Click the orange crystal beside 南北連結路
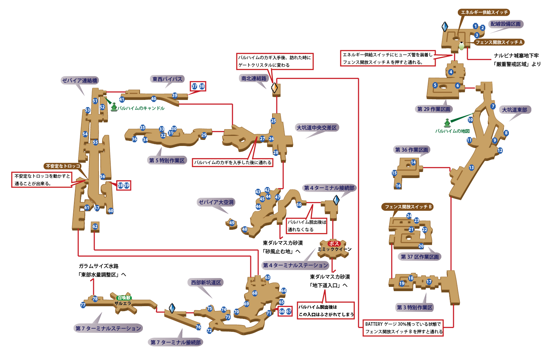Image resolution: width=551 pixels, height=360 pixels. click(x=274, y=87)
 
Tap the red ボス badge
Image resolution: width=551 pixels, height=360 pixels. click(x=334, y=244)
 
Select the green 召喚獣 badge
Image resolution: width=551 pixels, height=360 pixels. click(x=124, y=298)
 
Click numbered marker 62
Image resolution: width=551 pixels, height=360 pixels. click(x=95, y=227)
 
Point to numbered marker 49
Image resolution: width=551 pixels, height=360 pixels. click(x=232, y=223)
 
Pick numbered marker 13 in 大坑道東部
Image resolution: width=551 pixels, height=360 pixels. click(x=471, y=168)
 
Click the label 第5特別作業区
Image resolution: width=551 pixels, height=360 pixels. click(x=167, y=161)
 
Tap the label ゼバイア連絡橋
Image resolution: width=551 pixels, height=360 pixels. click(x=80, y=81)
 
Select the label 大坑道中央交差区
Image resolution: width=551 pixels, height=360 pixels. click(x=317, y=128)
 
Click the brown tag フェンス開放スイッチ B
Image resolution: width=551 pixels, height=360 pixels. click(x=408, y=207)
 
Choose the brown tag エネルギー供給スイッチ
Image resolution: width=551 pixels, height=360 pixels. click(x=484, y=12)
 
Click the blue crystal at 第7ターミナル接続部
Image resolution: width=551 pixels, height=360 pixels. click(x=172, y=308)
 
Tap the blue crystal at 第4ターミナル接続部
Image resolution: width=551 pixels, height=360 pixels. click(x=336, y=200)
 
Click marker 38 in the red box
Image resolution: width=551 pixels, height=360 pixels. click(x=202, y=86)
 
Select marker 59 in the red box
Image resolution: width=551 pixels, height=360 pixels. click(x=126, y=186)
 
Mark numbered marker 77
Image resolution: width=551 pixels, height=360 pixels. click(x=83, y=305)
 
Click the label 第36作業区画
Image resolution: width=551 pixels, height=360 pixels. click(x=411, y=150)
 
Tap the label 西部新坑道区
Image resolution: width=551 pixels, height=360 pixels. click(x=206, y=283)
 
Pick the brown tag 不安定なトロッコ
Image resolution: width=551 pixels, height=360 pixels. click(x=63, y=166)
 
